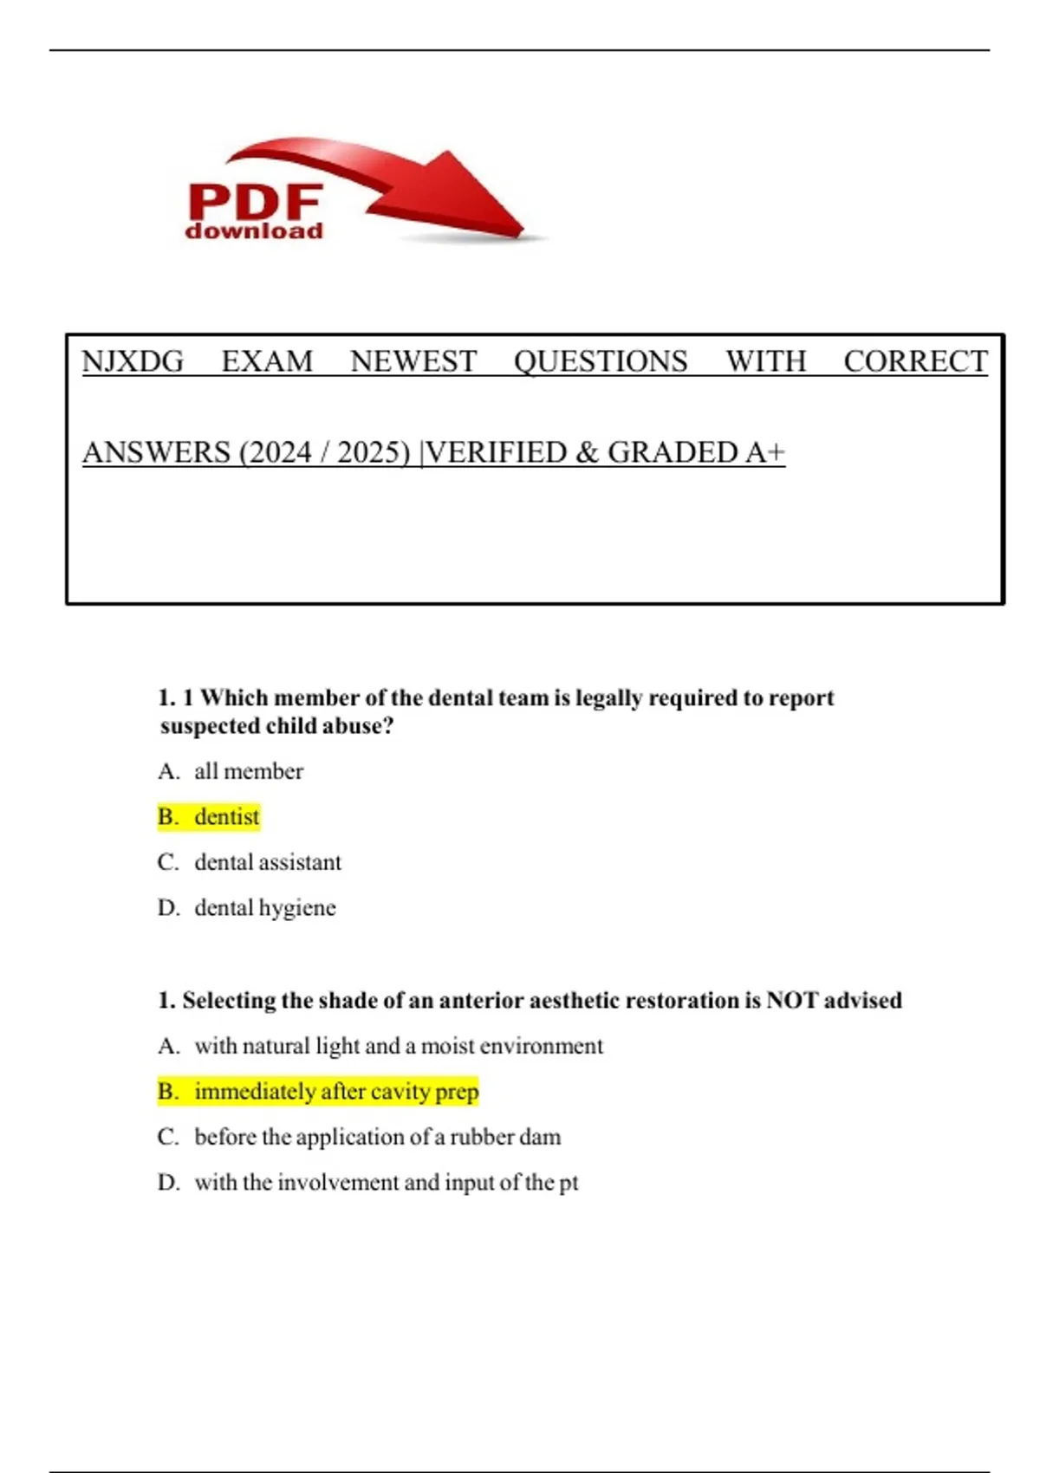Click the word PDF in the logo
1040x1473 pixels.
(x=256, y=202)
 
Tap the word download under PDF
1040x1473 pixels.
(x=254, y=231)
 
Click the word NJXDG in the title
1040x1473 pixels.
(x=133, y=361)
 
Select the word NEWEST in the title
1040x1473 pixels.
(x=413, y=361)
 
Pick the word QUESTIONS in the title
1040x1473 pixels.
(x=601, y=361)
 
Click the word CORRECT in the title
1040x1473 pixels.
(x=915, y=361)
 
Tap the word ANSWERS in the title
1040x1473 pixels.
(x=156, y=452)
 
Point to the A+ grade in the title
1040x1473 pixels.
(x=765, y=452)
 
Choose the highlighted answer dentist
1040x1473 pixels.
(x=226, y=817)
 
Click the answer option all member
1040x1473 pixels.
(x=249, y=771)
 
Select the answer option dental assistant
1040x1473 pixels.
(x=268, y=862)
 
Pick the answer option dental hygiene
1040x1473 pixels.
(x=265, y=908)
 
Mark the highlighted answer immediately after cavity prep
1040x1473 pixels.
(x=336, y=1092)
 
